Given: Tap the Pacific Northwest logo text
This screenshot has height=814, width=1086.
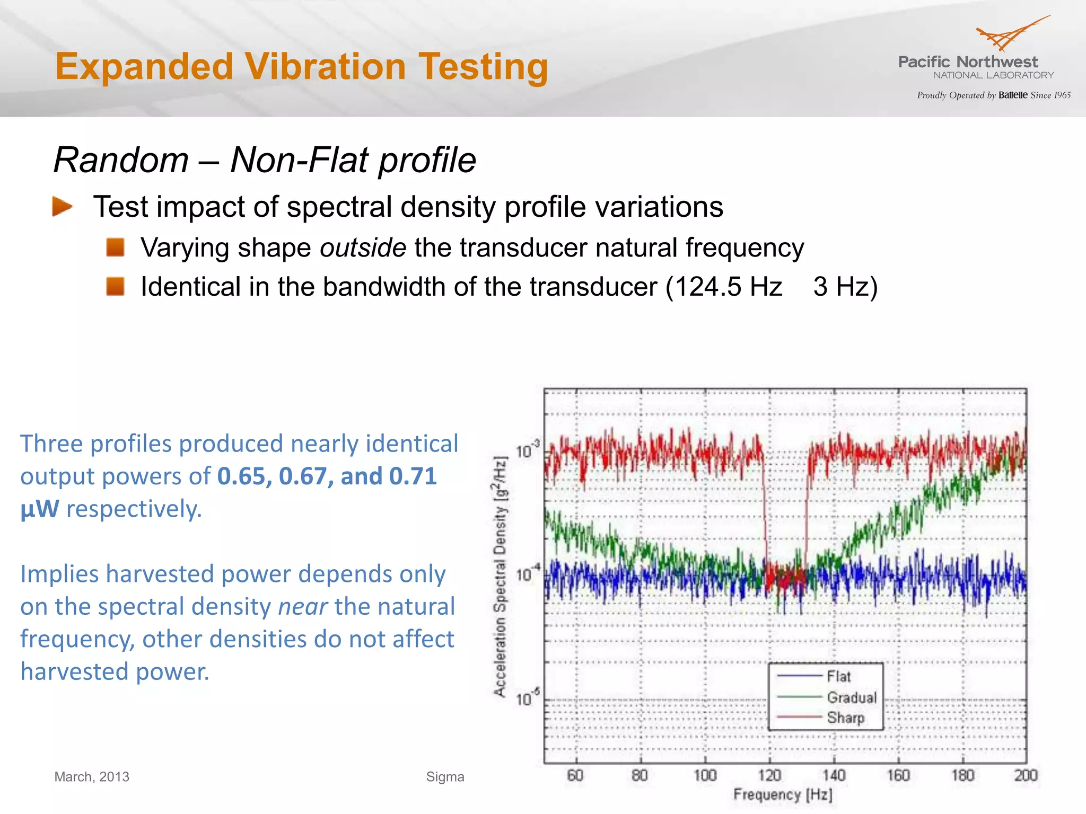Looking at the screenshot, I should (x=968, y=62).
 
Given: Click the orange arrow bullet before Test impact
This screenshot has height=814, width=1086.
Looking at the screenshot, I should (x=62, y=207).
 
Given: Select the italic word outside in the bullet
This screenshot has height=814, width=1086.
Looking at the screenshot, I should (x=363, y=247).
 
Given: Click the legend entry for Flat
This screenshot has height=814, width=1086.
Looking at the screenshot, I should (x=838, y=676).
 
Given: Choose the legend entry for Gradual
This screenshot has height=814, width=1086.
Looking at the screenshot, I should (x=852, y=697).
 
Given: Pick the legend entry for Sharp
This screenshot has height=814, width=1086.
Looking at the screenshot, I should (x=845, y=718).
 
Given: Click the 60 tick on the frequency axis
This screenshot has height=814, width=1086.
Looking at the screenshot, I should (x=575, y=776).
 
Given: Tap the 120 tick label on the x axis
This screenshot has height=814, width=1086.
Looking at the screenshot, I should (x=769, y=776).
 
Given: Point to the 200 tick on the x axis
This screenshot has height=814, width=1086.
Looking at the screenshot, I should (x=1025, y=776).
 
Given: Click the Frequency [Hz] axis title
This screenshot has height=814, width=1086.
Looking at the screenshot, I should (x=783, y=794).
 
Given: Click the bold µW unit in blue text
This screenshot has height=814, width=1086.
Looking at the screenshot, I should (x=40, y=509).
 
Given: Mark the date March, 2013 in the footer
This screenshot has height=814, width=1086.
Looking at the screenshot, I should (x=92, y=777).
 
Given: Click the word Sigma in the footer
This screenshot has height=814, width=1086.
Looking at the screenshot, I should (x=445, y=777).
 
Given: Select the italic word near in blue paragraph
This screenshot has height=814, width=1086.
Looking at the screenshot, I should (x=303, y=607).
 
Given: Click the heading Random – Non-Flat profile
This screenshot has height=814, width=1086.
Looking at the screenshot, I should (x=265, y=160).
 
